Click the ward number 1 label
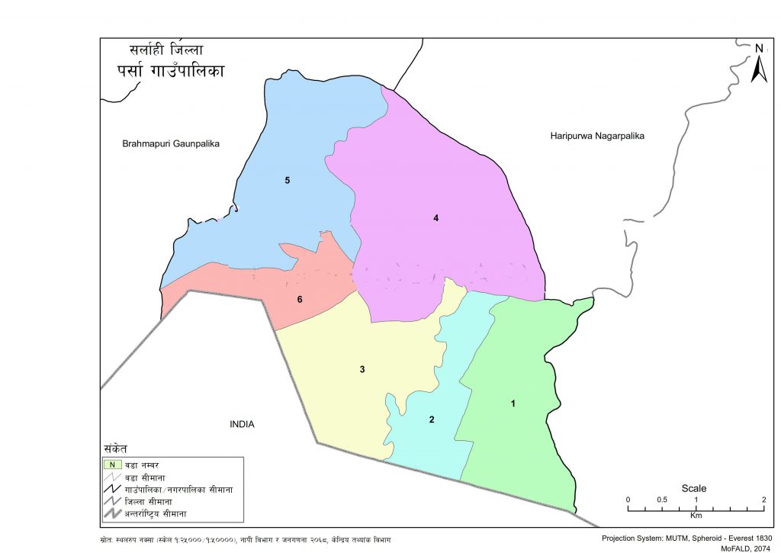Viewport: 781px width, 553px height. pos(513,403)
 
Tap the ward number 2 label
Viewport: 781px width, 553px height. pos(432,420)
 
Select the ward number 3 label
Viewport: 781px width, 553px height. pos(362,370)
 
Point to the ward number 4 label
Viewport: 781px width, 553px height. pos(435,218)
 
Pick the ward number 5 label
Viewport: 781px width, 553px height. pos(288,180)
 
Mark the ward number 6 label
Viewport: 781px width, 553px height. pos(300,299)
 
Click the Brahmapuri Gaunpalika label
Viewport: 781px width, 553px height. pos(171,143)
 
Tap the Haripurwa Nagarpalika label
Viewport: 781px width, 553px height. pos(597,136)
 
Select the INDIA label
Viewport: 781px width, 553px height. pos(242,424)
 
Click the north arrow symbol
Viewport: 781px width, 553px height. pos(759,66)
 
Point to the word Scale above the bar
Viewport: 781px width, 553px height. pos(694,488)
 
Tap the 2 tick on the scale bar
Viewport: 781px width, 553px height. pos(763,500)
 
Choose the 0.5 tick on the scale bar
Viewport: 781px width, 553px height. pos(662,500)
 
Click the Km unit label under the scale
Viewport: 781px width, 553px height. pos(696,516)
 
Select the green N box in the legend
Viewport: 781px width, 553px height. pos(112,464)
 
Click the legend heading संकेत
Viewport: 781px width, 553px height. pos(116,448)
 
